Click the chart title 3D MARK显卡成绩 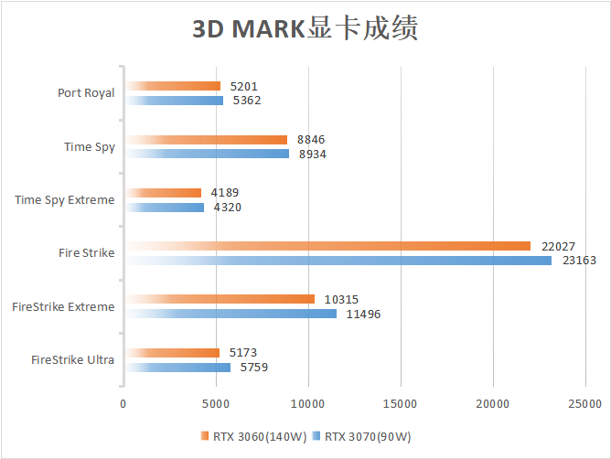pyautogui.click(x=305, y=29)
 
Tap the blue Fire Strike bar pyautogui.click(x=338, y=261)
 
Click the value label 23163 pyautogui.click(x=578, y=261)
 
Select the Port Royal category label pyautogui.click(x=85, y=93)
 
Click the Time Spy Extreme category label pyautogui.click(x=65, y=199)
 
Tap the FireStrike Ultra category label pyautogui.click(x=72, y=359)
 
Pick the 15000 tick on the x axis pyautogui.click(x=400, y=404)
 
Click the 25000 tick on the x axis pyautogui.click(x=584, y=404)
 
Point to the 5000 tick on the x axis pyautogui.click(x=216, y=404)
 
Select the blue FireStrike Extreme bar pyautogui.click(x=230, y=314)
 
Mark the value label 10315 pyautogui.click(x=341, y=299)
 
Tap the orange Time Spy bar pyautogui.click(x=206, y=140)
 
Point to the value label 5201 pyautogui.click(x=244, y=86)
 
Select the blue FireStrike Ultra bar pyautogui.click(x=177, y=367)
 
